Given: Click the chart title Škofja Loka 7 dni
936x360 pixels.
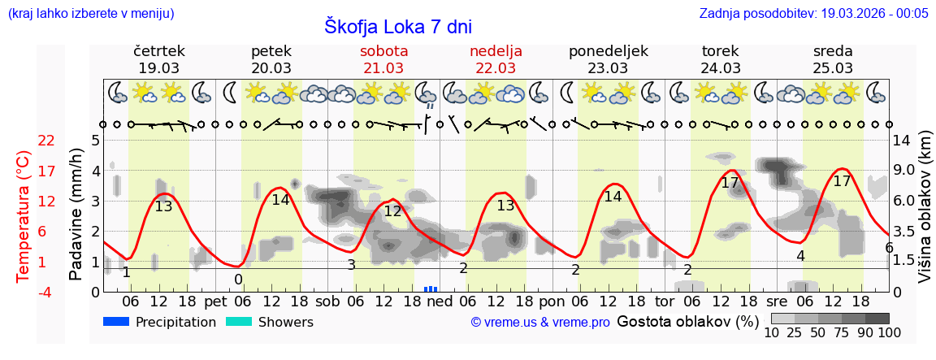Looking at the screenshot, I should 397,26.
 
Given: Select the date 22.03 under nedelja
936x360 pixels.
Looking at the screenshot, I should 496,68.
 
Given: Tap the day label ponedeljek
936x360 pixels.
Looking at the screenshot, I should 608,51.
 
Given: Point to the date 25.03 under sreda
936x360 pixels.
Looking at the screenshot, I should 833,68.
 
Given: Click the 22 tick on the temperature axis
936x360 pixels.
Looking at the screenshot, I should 46,141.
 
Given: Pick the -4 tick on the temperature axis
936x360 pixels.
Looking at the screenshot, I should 46,292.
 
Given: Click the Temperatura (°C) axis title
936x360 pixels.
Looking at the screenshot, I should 24,215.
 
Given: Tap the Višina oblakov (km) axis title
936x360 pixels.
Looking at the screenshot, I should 925,215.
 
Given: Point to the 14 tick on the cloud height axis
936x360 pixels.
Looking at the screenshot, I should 903,141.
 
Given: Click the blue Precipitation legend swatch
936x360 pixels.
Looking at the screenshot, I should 118,322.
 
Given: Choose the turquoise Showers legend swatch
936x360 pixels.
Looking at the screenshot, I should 239,322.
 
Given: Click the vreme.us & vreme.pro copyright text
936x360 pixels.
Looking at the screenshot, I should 539,323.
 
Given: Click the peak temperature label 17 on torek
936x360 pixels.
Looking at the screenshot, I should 730,184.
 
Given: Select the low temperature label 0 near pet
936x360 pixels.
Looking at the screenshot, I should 238,280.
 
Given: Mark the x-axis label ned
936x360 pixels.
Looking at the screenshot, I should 440,301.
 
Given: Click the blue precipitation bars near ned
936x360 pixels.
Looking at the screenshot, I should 431,288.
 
